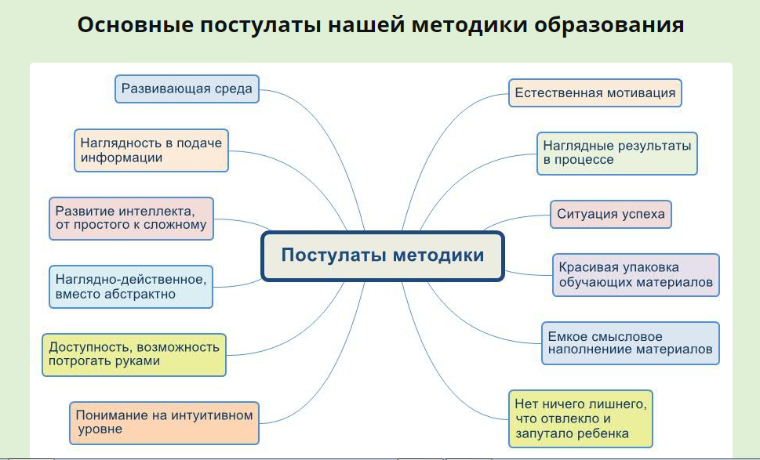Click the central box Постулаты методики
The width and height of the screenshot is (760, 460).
(382, 256)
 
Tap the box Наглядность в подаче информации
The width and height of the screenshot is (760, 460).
(151, 150)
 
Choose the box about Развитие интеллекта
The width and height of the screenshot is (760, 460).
(131, 218)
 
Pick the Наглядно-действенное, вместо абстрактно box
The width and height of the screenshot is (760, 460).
(130, 286)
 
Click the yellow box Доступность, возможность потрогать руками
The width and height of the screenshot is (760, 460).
(133, 354)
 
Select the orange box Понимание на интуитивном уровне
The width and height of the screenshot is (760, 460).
(164, 422)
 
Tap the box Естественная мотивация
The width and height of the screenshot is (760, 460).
(595, 92)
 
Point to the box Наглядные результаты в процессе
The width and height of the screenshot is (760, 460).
(617, 153)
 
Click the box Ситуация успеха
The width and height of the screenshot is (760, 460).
(611, 214)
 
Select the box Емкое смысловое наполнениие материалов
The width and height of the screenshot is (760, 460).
(630, 342)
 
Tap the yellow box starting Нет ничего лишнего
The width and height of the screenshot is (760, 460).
(580, 418)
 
